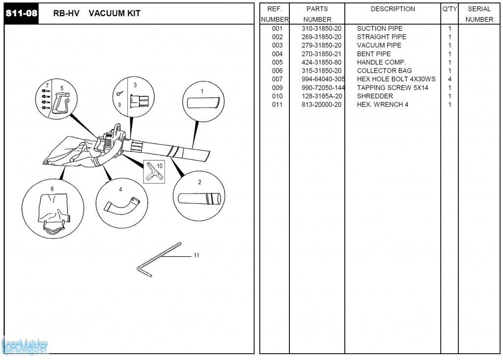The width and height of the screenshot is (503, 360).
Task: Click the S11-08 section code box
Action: tap(21, 13)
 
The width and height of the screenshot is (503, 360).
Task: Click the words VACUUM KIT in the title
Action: tap(114, 13)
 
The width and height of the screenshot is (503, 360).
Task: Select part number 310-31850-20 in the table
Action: tap(321, 28)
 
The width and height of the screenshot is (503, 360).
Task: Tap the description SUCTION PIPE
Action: tap(379, 28)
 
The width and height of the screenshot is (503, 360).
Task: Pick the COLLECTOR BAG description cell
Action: tap(384, 71)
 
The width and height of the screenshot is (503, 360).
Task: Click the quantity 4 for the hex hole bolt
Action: tap(449, 79)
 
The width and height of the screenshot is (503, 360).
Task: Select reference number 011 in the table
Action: tap(278, 105)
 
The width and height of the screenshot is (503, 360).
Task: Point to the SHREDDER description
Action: tap(375, 96)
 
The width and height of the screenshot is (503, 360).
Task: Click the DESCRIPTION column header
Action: tap(392, 9)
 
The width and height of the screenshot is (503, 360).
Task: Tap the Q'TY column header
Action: tap(449, 9)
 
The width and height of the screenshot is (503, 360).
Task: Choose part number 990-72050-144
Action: tap(323, 88)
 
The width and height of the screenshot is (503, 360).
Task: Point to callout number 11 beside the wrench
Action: tap(196, 255)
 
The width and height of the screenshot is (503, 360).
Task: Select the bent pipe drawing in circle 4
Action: tap(121, 204)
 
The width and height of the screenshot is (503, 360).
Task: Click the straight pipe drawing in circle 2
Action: tap(199, 199)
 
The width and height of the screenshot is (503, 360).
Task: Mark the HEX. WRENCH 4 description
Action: tap(382, 105)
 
